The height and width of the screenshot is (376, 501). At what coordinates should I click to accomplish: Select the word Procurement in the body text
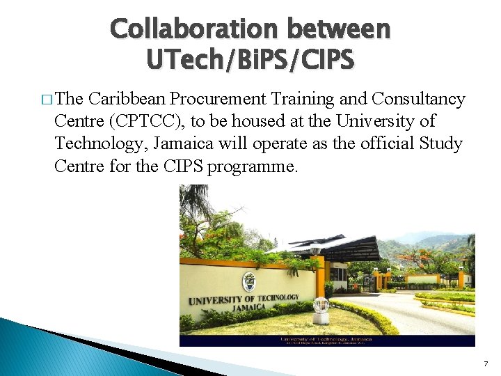click(207, 100)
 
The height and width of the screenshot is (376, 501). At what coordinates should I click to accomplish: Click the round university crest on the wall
click(248, 281)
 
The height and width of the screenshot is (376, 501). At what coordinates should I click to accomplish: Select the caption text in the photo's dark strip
click(327, 340)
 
